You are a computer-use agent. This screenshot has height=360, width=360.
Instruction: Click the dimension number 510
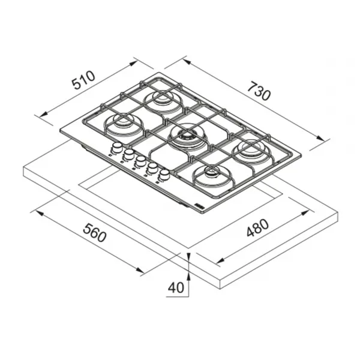83,80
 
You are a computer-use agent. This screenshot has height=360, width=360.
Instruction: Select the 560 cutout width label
95,233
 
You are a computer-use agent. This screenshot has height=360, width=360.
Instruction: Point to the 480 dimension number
257,227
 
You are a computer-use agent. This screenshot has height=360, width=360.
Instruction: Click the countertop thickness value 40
176,287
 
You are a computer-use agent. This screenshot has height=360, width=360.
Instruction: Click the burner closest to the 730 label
251,151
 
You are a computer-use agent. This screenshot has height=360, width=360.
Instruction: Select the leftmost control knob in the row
118,148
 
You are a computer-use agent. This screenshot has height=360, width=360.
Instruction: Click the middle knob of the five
140,161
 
